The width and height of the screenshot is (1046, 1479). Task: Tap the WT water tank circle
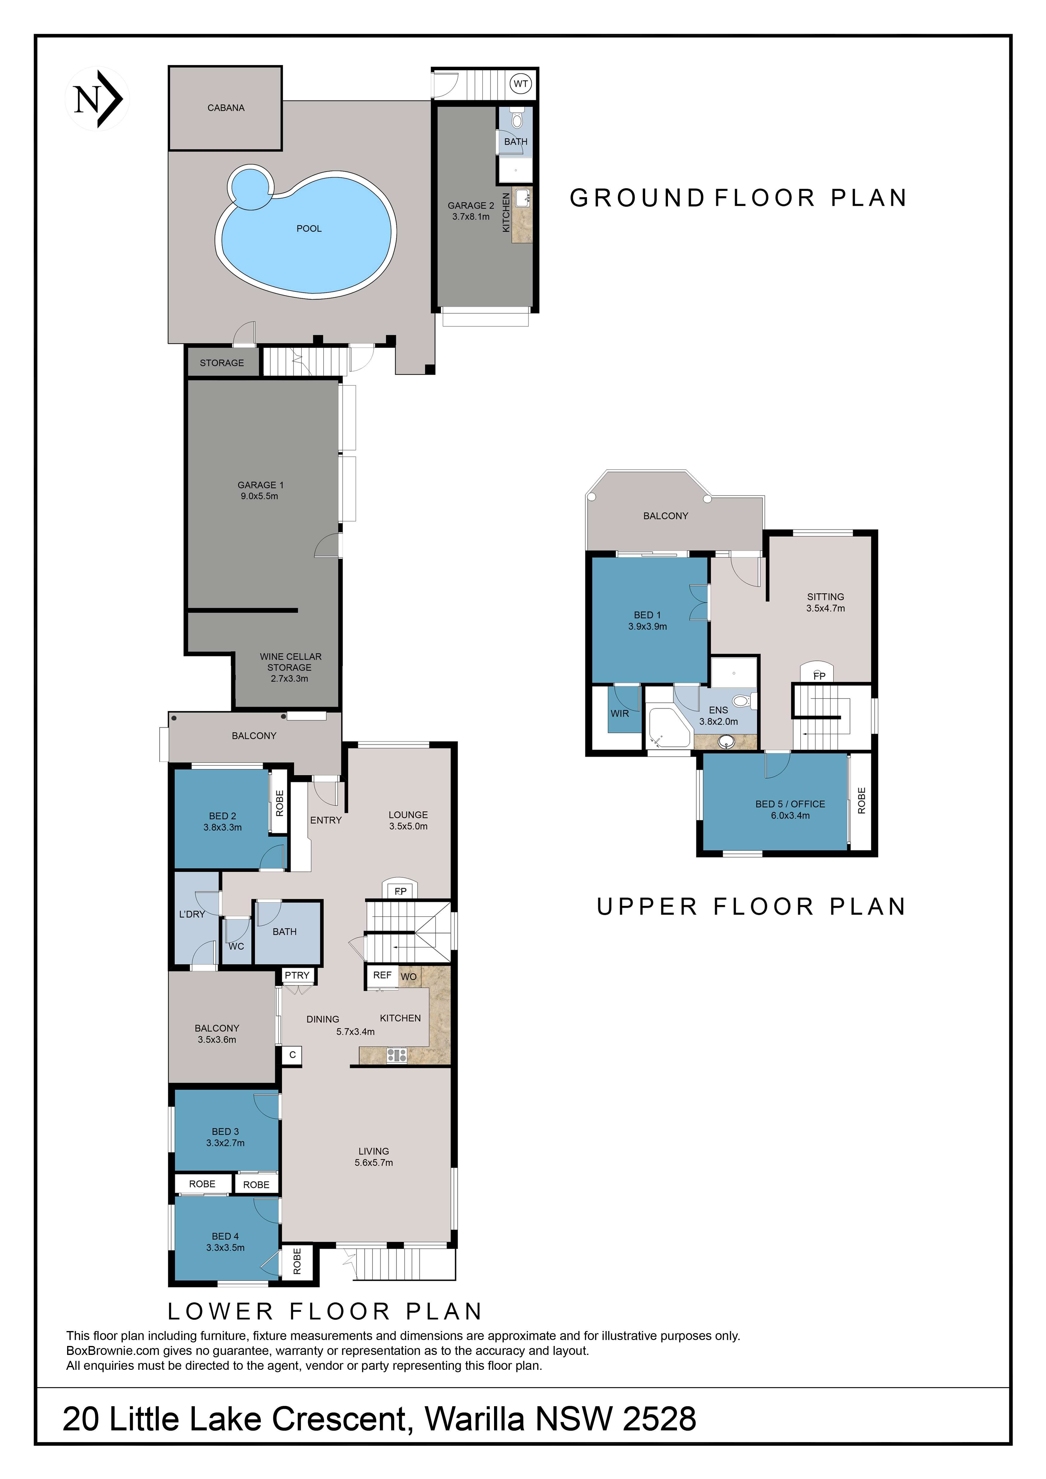point(520,84)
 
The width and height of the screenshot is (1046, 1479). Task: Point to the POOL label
point(309,229)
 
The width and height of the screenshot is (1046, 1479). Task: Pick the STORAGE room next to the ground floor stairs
point(222,363)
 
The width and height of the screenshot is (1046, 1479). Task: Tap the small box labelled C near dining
point(292,1055)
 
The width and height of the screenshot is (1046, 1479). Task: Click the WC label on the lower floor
point(236,946)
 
